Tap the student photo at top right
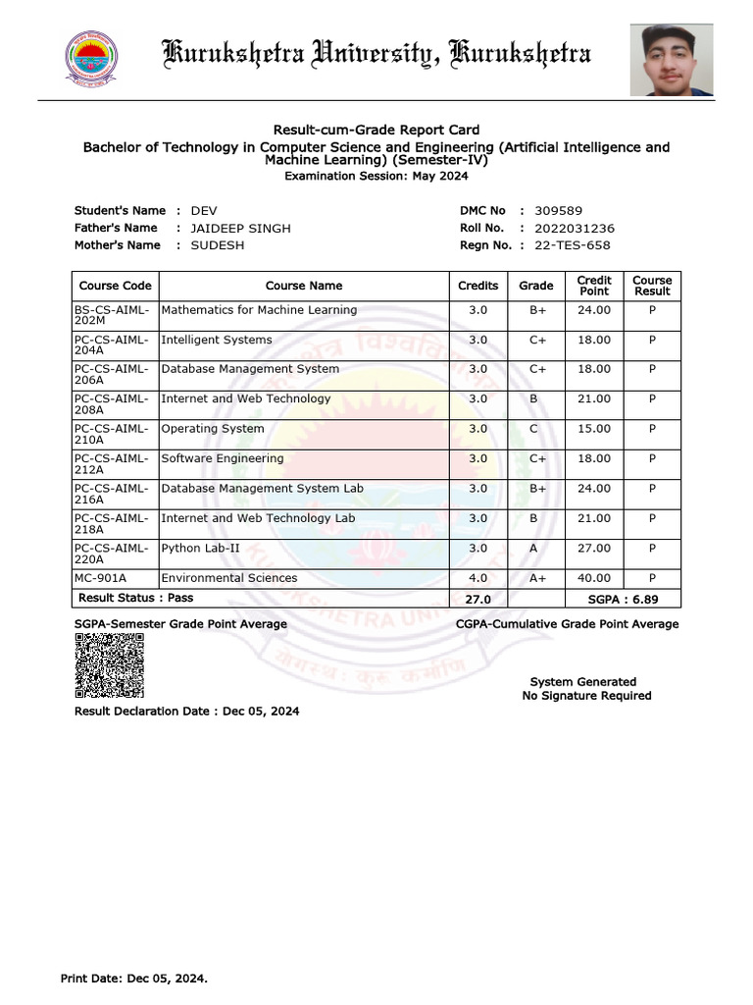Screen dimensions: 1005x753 click(x=672, y=61)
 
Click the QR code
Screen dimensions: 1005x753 click(x=110, y=665)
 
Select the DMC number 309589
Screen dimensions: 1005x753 click(x=558, y=211)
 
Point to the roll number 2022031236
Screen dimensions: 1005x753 click(x=575, y=229)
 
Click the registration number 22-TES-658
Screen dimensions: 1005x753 click(x=574, y=245)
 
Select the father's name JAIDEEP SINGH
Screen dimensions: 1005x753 click(x=240, y=229)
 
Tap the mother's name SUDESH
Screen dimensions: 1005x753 click(x=218, y=245)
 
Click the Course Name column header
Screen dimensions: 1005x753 click(x=304, y=286)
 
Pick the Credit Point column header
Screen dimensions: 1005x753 click(x=594, y=286)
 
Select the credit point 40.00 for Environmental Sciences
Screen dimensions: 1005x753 click(x=594, y=578)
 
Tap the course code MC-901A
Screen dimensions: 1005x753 click(x=101, y=578)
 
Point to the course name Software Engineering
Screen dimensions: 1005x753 click(x=223, y=458)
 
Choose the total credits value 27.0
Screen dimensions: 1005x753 click(x=477, y=598)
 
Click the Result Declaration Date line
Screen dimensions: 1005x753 click(x=187, y=711)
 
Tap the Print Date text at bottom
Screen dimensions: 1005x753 click(x=134, y=979)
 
